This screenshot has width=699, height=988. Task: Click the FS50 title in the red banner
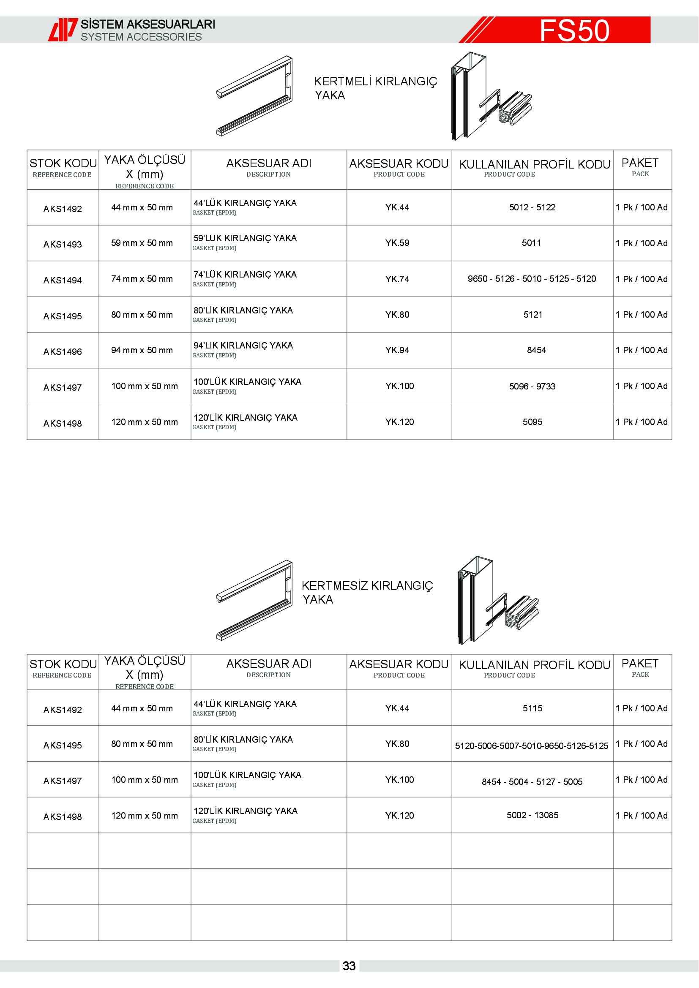(x=574, y=30)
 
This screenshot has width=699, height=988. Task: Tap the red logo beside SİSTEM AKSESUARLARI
(x=63, y=30)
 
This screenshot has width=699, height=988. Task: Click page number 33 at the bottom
(x=349, y=966)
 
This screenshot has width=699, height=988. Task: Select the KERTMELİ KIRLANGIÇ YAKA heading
(x=375, y=88)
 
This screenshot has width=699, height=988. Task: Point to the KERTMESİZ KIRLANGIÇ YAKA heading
(x=367, y=592)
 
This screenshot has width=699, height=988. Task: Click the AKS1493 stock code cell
(x=63, y=245)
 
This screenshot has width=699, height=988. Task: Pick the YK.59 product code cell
(x=397, y=243)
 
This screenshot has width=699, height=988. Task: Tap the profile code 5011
(x=532, y=243)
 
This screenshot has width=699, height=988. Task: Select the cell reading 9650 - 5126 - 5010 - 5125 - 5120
(x=532, y=279)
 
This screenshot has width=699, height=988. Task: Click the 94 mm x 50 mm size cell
(x=142, y=350)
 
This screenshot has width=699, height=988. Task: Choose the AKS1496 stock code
(x=63, y=351)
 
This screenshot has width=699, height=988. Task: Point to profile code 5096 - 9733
(x=532, y=386)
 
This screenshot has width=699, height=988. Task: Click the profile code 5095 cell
(x=532, y=422)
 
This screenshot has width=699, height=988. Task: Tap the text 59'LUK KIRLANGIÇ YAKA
(x=245, y=238)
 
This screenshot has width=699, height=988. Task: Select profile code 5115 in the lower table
(x=532, y=708)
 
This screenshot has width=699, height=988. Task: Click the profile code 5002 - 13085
(x=532, y=815)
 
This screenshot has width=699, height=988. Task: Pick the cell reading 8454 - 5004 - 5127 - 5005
(x=532, y=781)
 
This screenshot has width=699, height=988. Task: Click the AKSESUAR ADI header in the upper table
(x=269, y=164)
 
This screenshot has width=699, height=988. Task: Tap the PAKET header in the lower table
(x=640, y=664)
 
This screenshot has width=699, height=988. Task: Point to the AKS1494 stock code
(x=63, y=280)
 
